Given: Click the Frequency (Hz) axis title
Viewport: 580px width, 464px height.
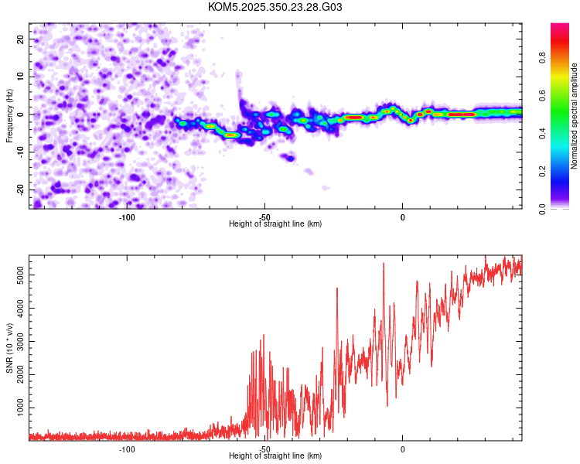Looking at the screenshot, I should [9, 115].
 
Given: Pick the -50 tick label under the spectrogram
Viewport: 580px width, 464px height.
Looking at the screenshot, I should [264, 217].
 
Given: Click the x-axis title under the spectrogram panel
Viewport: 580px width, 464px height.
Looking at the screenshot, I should [275, 224].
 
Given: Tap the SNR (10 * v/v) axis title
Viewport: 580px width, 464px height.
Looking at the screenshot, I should [9, 348].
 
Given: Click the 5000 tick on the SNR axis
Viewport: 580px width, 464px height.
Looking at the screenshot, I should [17, 275].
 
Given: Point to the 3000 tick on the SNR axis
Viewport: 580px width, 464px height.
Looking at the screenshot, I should [17, 341].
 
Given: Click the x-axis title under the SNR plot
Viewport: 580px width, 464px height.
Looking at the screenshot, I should [275, 456].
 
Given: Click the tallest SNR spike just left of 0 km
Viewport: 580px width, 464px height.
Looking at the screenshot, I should [384, 264].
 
